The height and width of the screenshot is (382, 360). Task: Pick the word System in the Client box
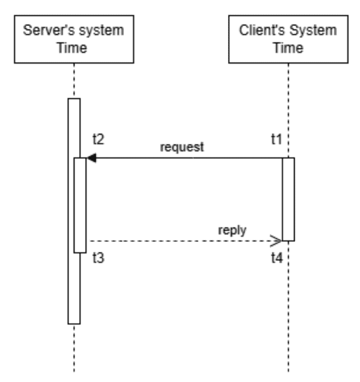[313, 30]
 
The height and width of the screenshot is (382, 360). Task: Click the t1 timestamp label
[276, 139]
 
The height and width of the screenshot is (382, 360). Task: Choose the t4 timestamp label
[276, 258]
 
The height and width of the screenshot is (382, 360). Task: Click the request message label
[182, 147]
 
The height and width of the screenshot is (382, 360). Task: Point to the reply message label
[232, 230]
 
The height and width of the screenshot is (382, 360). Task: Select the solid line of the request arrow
[194, 158]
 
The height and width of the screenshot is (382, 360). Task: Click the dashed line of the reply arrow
[178, 241]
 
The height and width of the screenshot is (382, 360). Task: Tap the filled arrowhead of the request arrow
[91, 158]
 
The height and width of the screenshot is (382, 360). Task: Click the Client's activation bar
[288, 199]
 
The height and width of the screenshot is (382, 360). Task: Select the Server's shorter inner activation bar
[80, 204]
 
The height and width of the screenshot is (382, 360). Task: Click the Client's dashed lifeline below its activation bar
[288, 306]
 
